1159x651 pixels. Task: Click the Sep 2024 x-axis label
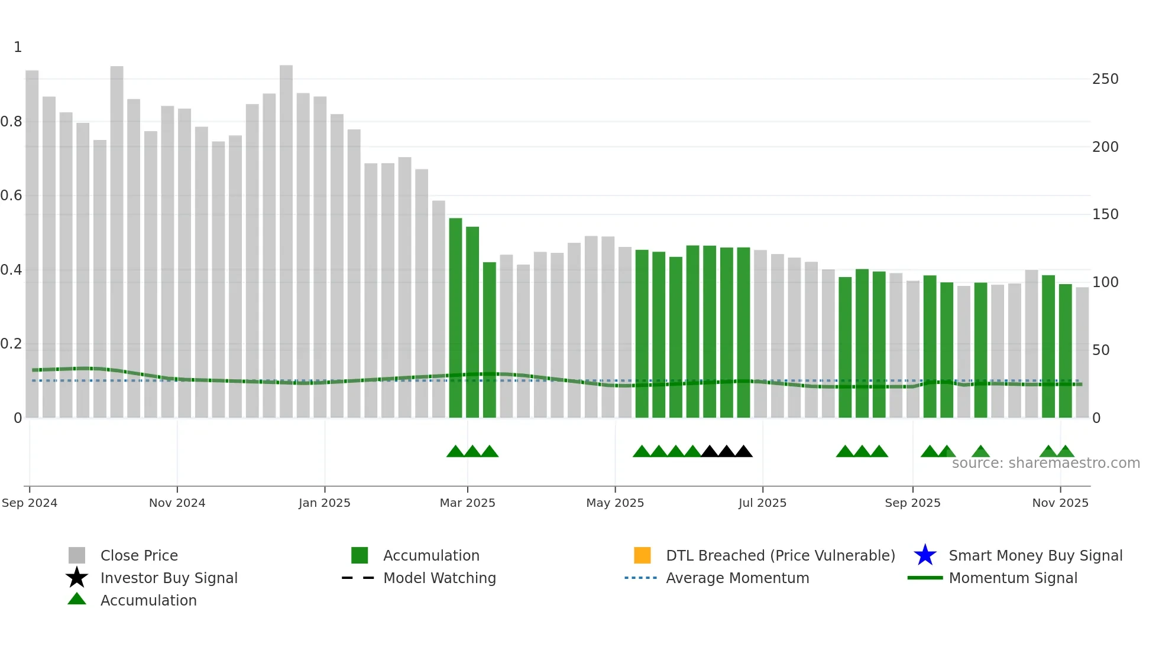tap(30, 503)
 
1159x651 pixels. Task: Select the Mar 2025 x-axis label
tap(467, 503)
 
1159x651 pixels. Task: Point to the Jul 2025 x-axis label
tap(762, 503)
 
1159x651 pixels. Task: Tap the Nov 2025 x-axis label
tap(1060, 503)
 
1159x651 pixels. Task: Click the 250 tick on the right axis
tap(1105, 79)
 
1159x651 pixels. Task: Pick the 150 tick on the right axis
tap(1105, 214)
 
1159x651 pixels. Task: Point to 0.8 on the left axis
tap(11, 122)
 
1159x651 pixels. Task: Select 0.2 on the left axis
tap(11, 344)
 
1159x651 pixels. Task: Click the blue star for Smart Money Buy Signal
tap(925, 555)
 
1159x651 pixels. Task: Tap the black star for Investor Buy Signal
tap(77, 578)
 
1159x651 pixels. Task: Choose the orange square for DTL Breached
tap(642, 555)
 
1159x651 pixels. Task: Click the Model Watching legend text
tap(439, 578)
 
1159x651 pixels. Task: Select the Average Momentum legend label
tap(737, 578)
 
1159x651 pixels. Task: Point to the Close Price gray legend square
tap(77, 555)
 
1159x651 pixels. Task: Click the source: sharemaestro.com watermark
tap(1045, 463)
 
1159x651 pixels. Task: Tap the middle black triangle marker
tap(726, 452)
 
